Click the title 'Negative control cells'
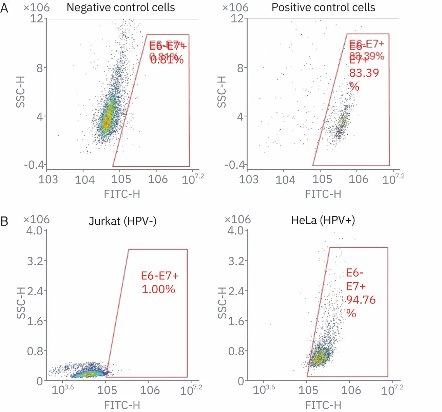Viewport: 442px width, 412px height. click(120, 7)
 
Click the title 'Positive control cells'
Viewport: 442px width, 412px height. click(323, 7)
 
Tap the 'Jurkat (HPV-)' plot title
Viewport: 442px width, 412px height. click(122, 221)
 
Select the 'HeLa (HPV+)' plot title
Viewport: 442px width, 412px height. click(323, 220)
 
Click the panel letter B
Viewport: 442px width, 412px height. click(4, 222)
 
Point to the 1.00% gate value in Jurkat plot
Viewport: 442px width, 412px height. click(158, 289)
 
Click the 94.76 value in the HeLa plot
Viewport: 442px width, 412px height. click(361, 300)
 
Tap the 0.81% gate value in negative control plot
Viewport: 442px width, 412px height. click(167, 60)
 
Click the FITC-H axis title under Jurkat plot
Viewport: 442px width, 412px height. click(122, 405)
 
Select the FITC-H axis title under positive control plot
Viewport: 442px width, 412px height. click(323, 194)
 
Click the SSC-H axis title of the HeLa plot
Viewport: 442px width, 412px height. click(222, 303)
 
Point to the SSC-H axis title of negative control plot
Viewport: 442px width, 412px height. click(21, 92)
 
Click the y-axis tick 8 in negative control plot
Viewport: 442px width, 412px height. click(40, 68)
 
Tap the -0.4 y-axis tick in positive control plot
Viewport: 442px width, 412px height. click(234, 165)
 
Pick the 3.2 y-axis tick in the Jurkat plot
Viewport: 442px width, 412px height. click(35, 261)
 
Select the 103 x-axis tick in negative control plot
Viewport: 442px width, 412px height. click(48, 180)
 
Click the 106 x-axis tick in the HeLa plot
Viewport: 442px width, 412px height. click(351, 390)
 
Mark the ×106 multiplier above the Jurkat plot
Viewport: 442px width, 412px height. click(36, 220)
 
